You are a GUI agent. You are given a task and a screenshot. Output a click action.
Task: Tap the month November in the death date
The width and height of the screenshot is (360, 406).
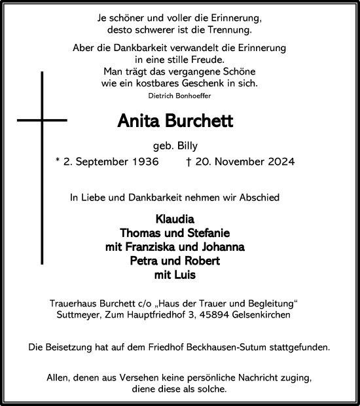(228, 161)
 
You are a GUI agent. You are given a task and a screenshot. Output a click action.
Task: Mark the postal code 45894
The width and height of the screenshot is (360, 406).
(222, 315)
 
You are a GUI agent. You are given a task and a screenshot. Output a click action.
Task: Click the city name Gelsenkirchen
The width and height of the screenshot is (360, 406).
(266, 315)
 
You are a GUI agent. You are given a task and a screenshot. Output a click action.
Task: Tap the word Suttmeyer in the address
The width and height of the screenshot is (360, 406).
(79, 315)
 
